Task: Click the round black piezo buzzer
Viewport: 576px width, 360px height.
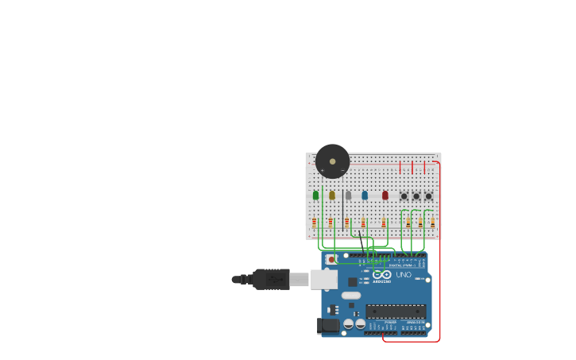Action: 332,161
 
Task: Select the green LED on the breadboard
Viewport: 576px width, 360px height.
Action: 315,195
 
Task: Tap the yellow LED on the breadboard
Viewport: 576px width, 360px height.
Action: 332,195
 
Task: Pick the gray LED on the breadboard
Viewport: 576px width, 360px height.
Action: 348,195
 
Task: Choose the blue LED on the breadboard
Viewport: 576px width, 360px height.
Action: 365,195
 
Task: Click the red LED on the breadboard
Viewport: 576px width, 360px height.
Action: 385,195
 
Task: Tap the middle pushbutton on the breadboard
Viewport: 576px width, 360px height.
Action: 416,196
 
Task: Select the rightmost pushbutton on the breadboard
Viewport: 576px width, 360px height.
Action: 428,196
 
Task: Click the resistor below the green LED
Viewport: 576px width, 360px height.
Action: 314,223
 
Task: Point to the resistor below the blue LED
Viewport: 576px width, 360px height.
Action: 363,223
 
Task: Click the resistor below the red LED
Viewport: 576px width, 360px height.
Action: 384,223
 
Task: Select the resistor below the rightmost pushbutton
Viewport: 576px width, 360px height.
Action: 432,223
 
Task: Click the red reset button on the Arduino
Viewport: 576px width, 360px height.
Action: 331,259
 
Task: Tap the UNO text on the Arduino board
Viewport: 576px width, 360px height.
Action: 404,275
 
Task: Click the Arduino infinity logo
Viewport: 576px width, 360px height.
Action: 382,274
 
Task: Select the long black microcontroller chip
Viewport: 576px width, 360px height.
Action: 396,312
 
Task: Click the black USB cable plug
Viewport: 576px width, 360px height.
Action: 271,279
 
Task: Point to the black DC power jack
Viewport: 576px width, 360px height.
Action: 327,325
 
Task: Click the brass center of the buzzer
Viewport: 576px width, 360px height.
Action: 332,161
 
